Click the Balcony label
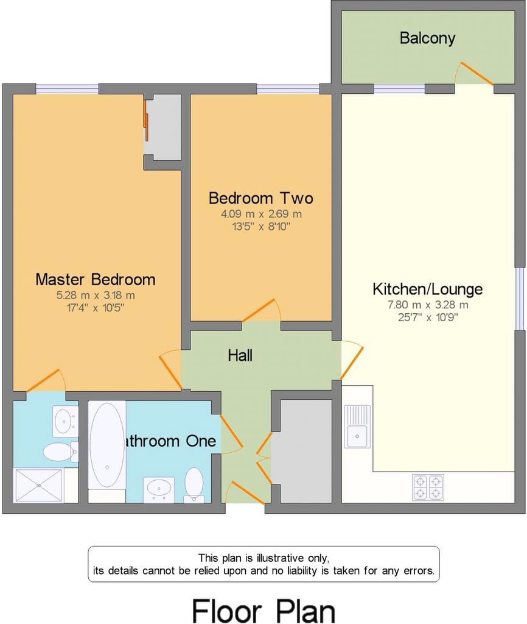[x=427, y=38]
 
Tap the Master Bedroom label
[x=96, y=279]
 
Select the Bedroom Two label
[x=261, y=198]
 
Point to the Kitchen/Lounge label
[x=428, y=289]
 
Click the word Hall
[x=240, y=355]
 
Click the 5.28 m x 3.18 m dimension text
[x=96, y=296]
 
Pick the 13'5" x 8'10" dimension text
[x=261, y=227]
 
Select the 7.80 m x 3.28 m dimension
[x=428, y=305]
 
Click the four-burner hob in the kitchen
[x=428, y=487]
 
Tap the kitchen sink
[x=357, y=427]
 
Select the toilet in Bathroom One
[x=194, y=484]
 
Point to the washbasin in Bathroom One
[x=159, y=489]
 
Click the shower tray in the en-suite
[x=38, y=486]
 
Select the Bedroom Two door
[x=259, y=310]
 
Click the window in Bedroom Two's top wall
[x=288, y=89]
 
